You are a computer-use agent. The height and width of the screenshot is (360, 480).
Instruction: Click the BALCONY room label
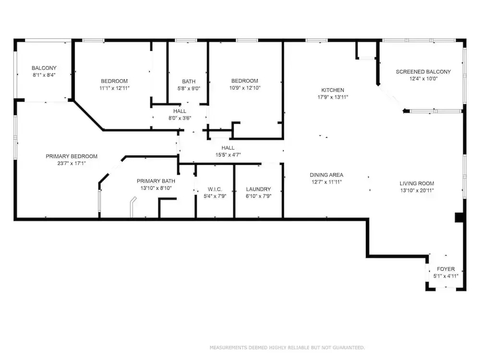pyautogui.click(x=44, y=68)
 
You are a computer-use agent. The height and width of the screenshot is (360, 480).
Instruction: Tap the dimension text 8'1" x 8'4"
pyautogui.click(x=44, y=75)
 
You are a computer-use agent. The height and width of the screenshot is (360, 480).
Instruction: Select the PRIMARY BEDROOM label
pyautogui.click(x=72, y=156)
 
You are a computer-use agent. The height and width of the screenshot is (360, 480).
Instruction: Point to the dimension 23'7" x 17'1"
pyautogui.click(x=72, y=164)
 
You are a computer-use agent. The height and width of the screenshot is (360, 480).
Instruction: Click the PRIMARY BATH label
pyautogui.click(x=156, y=181)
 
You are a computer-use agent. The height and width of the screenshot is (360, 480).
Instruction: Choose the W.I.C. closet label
pyautogui.click(x=215, y=190)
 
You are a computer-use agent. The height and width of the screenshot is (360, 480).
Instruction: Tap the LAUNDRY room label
pyautogui.click(x=258, y=189)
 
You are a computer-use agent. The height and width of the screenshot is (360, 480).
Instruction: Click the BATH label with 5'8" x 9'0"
pyautogui.click(x=189, y=82)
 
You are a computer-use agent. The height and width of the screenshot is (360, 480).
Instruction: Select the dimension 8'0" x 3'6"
pyautogui.click(x=180, y=118)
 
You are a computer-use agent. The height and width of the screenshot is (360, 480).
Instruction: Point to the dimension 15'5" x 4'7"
pyautogui.click(x=228, y=155)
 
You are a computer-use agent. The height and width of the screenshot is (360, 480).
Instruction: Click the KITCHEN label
pyautogui.click(x=333, y=90)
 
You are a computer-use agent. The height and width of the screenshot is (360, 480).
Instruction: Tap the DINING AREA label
pyautogui.click(x=326, y=175)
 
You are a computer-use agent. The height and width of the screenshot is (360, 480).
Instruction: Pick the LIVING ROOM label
pyautogui.click(x=417, y=184)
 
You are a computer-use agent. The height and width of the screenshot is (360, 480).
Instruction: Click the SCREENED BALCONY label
pyautogui.click(x=423, y=72)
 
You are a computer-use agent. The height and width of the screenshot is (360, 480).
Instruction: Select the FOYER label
pyautogui.click(x=446, y=269)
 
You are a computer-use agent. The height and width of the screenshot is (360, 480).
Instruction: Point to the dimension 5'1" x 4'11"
pyautogui.click(x=446, y=276)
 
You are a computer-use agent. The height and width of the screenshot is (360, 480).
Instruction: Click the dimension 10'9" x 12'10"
pyautogui.click(x=245, y=88)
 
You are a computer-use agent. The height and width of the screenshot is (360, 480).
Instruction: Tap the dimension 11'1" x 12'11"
pyautogui.click(x=115, y=88)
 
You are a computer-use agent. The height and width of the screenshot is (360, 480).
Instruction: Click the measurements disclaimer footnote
pyautogui.click(x=287, y=348)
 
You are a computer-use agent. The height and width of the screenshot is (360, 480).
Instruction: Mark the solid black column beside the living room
pyautogui.click(x=459, y=217)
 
